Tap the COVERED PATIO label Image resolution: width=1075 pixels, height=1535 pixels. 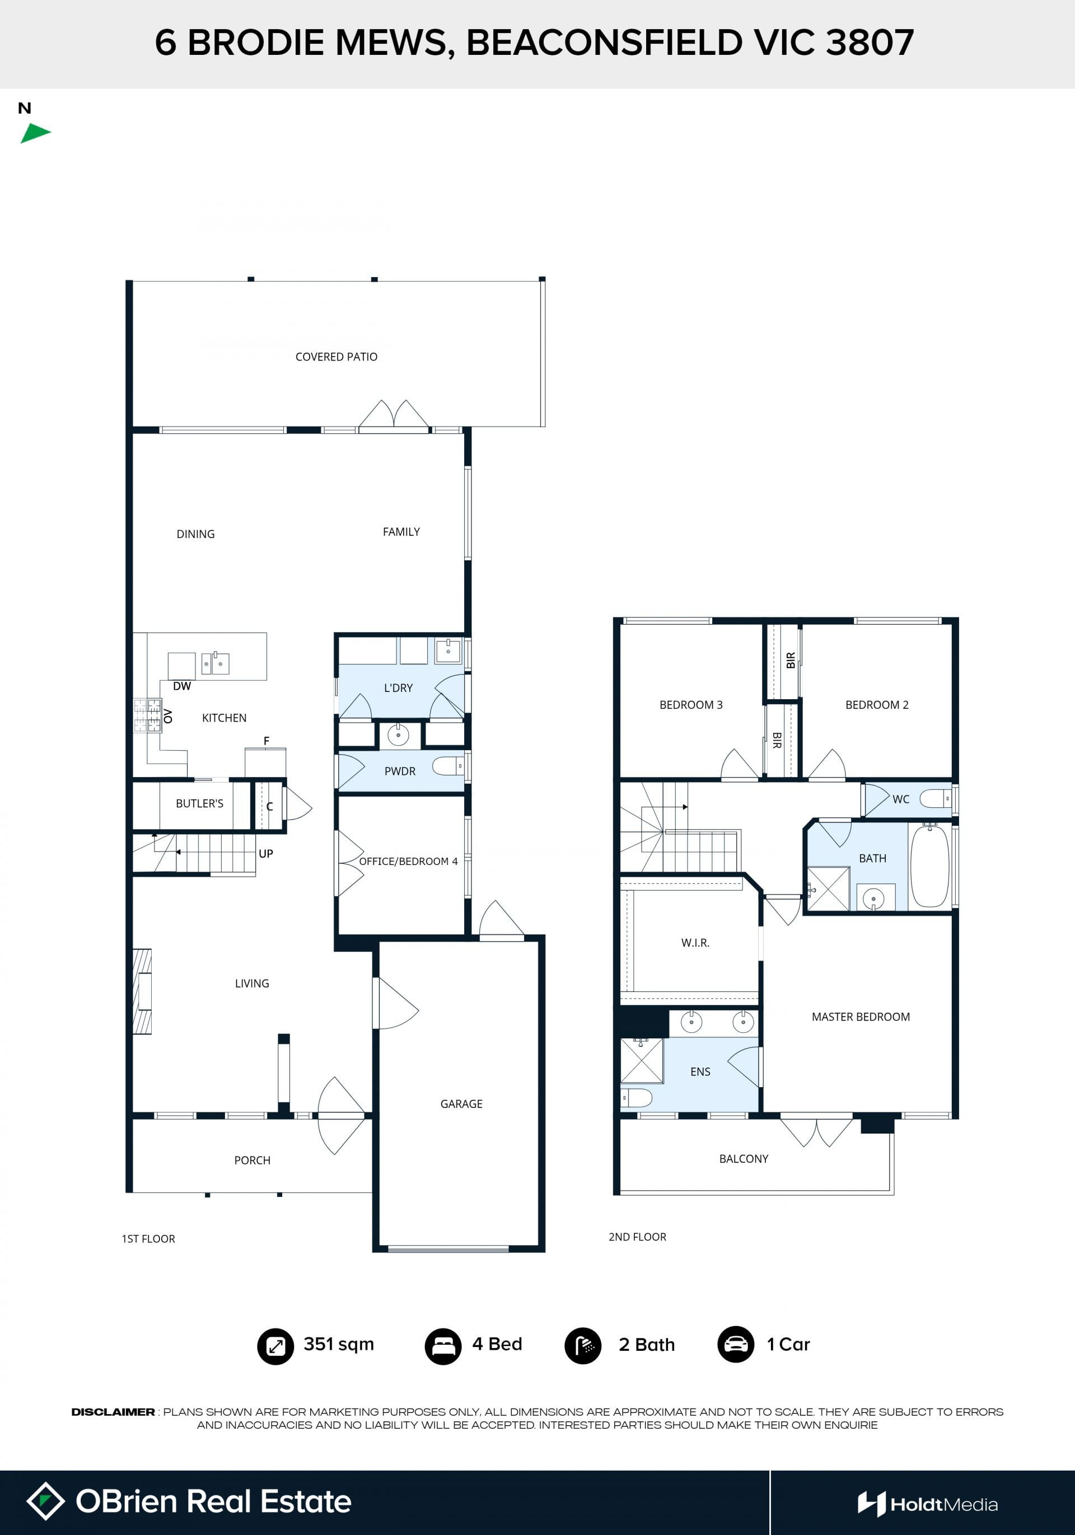pos(336,357)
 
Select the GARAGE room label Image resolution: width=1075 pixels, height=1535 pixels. pos(461,1104)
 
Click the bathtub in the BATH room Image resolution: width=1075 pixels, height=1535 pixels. pos(929,866)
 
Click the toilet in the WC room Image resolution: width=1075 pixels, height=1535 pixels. pos(936,798)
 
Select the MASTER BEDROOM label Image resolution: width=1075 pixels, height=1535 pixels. pos(861,1017)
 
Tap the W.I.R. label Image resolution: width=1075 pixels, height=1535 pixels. pos(695,943)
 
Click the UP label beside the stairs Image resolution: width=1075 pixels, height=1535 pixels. pos(265,854)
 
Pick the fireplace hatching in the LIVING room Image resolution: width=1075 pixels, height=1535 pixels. pos(142,991)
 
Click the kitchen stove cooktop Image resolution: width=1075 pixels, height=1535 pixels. pos(147,715)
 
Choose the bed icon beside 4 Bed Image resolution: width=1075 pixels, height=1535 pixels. pos(442,1346)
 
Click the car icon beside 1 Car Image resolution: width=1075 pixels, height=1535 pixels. pos(735,1345)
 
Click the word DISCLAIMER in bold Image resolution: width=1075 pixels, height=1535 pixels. pos(113,1412)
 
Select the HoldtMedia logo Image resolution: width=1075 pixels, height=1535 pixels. pos(928,1504)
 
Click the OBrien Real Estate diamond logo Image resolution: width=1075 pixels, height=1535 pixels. pos(45,1501)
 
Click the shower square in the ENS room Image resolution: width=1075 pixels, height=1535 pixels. pos(642,1061)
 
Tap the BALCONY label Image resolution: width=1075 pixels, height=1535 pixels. pos(744,1159)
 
